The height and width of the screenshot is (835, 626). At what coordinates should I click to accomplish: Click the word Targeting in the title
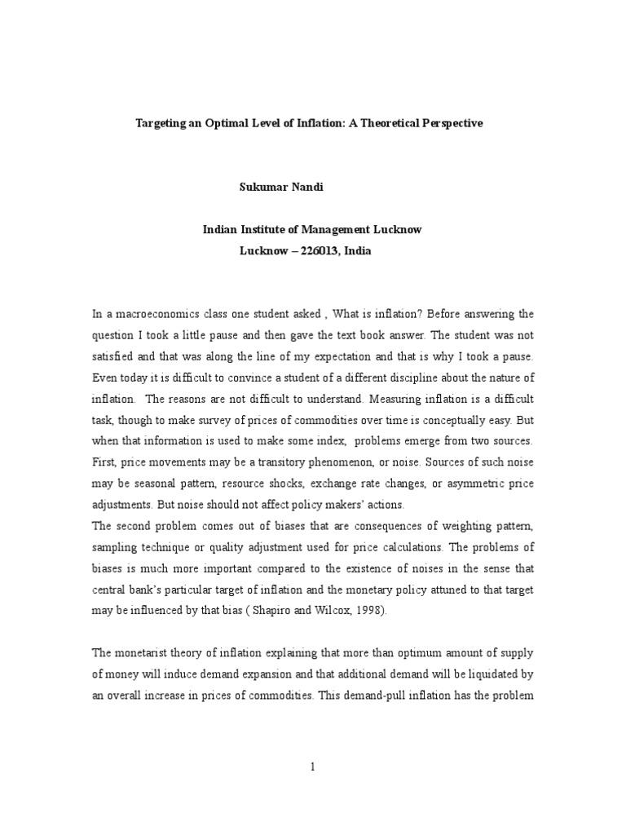point(161,123)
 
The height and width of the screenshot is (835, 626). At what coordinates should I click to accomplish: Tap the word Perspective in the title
point(447,123)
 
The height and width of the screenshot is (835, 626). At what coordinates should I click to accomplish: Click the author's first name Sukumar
point(260,187)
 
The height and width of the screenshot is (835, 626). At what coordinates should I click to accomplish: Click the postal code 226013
point(310,251)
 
